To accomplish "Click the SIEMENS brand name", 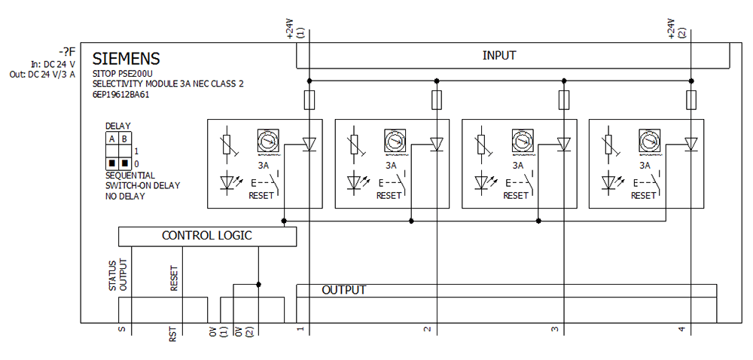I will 126,59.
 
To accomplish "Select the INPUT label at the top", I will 499,56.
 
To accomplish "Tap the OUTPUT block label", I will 343,290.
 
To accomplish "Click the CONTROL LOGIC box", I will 207,236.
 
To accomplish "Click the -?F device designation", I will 67,51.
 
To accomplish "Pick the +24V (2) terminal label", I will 677,30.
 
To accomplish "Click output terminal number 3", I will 555,330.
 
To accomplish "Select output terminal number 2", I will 427,330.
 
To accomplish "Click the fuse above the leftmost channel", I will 309,99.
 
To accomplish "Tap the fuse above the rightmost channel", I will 691,99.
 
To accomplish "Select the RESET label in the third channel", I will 516,196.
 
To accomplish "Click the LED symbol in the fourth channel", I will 609,182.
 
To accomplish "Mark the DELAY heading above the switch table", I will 117,127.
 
